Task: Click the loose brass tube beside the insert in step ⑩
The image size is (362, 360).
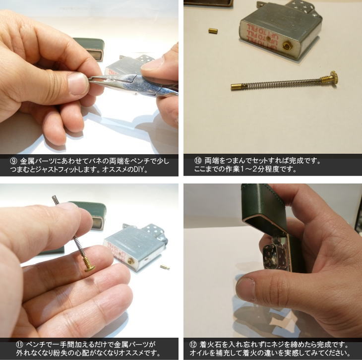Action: [213, 31]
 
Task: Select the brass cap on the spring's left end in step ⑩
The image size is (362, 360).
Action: [236, 87]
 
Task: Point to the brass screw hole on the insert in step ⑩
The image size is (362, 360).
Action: [287, 46]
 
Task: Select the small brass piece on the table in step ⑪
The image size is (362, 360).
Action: [165, 267]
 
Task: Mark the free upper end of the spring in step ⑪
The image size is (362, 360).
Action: [55, 199]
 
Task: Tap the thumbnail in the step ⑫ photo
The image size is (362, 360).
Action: [245, 289]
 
